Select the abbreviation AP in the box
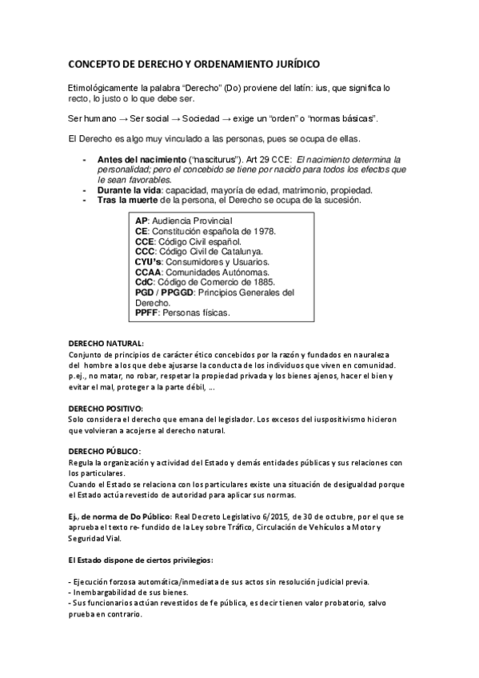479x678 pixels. pyautogui.click(x=142, y=220)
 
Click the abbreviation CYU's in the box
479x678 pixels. pyautogui.click(x=150, y=261)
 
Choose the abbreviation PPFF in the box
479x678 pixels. pyautogui.click(x=147, y=313)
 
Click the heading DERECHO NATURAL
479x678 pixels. pyautogui.click(x=106, y=342)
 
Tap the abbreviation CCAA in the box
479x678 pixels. pyautogui.click(x=150, y=272)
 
